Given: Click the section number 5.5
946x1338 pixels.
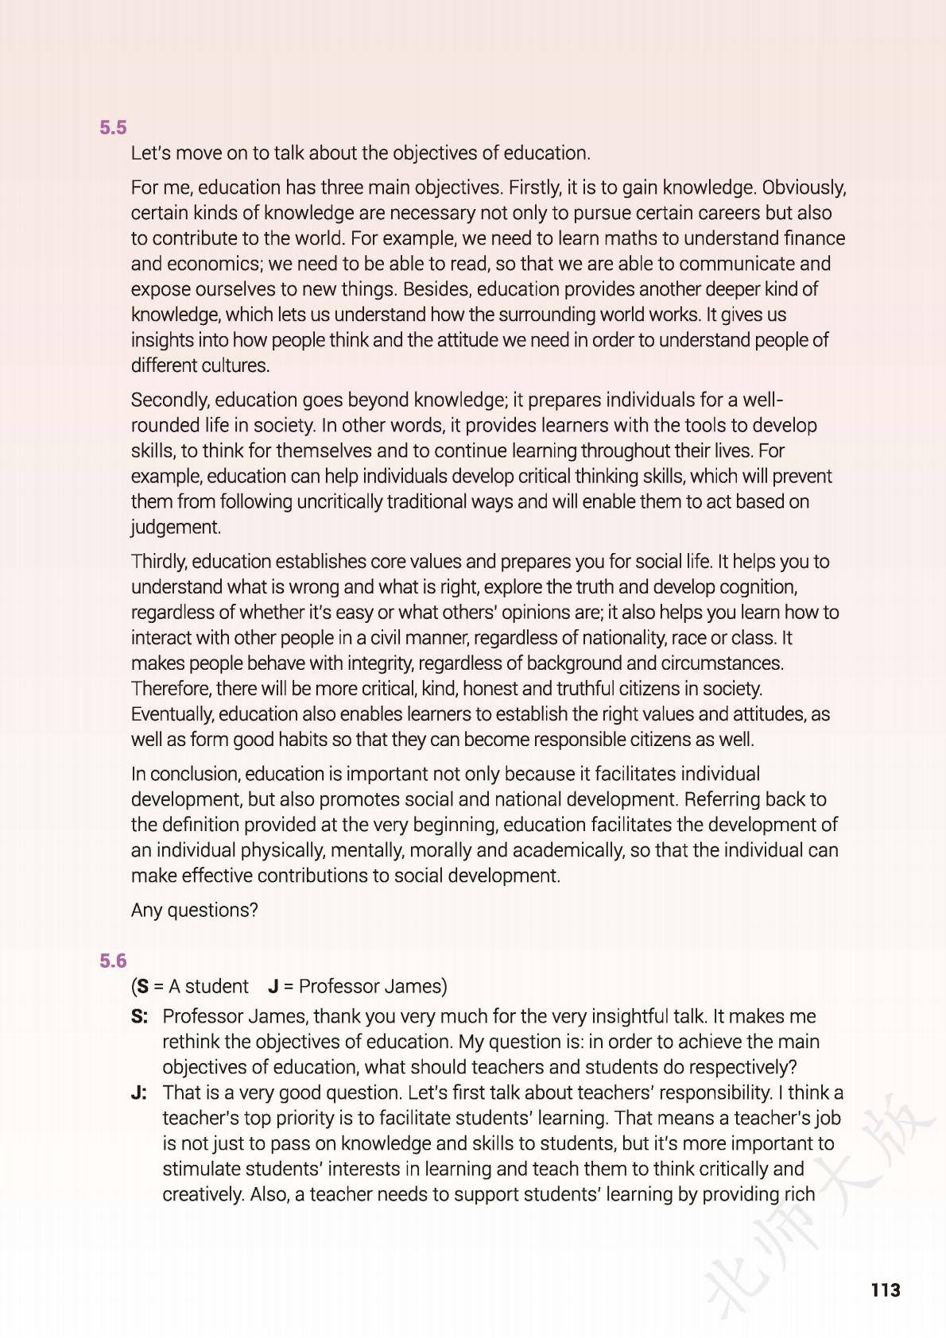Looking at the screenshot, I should tap(113, 128).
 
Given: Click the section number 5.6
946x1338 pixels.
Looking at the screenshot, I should tap(113, 961).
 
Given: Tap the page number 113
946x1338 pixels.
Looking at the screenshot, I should tap(886, 1290).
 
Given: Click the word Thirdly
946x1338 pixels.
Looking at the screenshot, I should tap(159, 562).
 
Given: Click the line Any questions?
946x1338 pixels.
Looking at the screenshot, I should tap(195, 911).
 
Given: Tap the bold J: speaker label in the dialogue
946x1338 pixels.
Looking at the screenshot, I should tap(139, 1093).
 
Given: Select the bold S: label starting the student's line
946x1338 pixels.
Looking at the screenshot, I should tap(140, 1017).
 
